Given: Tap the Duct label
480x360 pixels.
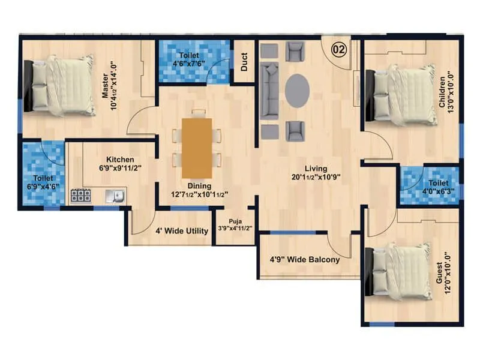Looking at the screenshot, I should click(245, 62).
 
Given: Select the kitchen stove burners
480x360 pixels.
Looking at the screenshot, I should click(80, 195).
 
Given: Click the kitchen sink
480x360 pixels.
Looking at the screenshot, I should click(114, 195).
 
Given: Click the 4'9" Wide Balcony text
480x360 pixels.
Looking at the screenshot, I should click(305, 260).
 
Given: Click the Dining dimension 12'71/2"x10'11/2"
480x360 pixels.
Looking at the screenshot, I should click(199, 193).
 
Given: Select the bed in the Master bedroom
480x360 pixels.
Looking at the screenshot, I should click(60, 85).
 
